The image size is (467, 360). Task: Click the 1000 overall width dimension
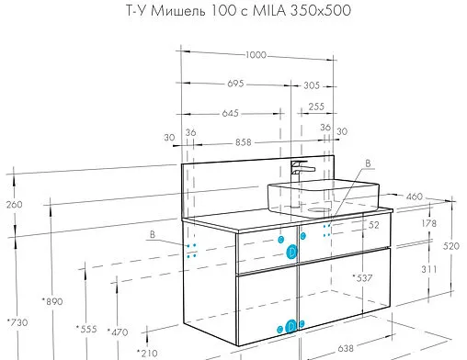pyautogui.click(x=256, y=55)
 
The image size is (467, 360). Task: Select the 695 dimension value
pyautogui.click(x=236, y=84)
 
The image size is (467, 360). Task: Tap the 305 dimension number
pyautogui.click(x=313, y=84)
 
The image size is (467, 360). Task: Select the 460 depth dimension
pyautogui.click(x=415, y=196)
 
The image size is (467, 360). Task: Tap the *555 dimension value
pyautogui.click(x=85, y=329)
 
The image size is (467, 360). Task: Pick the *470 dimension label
pyautogui.click(x=117, y=332)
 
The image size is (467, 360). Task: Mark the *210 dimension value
pyautogui.click(x=146, y=352)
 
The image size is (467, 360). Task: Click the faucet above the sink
pyautogui.click(x=301, y=170)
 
